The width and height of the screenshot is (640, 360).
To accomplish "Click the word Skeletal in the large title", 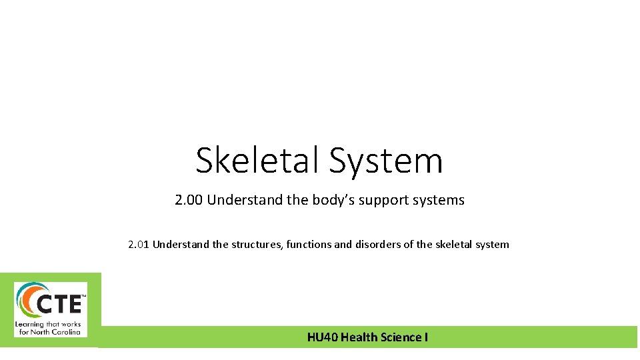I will [x=257, y=161].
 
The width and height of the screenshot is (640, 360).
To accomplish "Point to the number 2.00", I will [x=189, y=200].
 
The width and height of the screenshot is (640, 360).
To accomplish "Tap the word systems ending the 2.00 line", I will [x=439, y=200].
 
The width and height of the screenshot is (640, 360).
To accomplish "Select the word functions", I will [x=309, y=244].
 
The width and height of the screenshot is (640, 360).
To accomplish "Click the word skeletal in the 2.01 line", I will [x=453, y=244].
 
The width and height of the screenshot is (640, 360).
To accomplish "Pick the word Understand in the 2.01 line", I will [x=181, y=244].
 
